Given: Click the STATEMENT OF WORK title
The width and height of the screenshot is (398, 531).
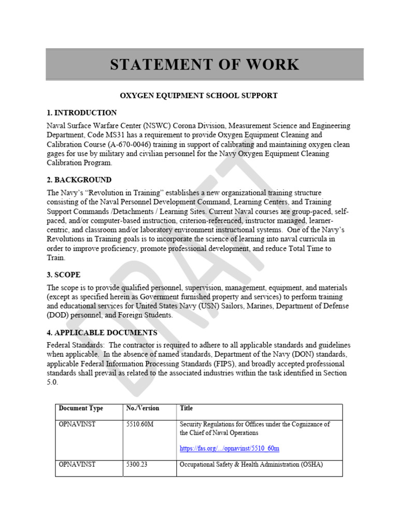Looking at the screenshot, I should [204, 65].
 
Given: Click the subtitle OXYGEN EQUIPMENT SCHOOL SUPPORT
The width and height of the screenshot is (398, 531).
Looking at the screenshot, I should [199, 96].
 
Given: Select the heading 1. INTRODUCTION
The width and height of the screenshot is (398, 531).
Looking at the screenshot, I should [82, 113].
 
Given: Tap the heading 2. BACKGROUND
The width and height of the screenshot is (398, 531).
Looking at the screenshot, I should [79, 180].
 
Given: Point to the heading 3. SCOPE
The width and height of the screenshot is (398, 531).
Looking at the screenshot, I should [64, 275].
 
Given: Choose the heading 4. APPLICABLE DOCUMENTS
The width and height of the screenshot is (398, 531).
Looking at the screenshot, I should [102, 332].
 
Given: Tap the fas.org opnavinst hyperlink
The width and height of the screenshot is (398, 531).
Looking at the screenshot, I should [230, 449].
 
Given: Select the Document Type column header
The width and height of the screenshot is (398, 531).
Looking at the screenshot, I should [81, 409].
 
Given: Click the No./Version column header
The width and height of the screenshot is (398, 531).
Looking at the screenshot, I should [143, 409].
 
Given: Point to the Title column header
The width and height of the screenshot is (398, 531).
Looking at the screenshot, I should [186, 409].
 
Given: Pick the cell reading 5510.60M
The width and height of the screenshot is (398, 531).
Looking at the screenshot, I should [140, 424].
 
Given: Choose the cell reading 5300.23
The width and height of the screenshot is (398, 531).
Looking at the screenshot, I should [137, 465].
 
